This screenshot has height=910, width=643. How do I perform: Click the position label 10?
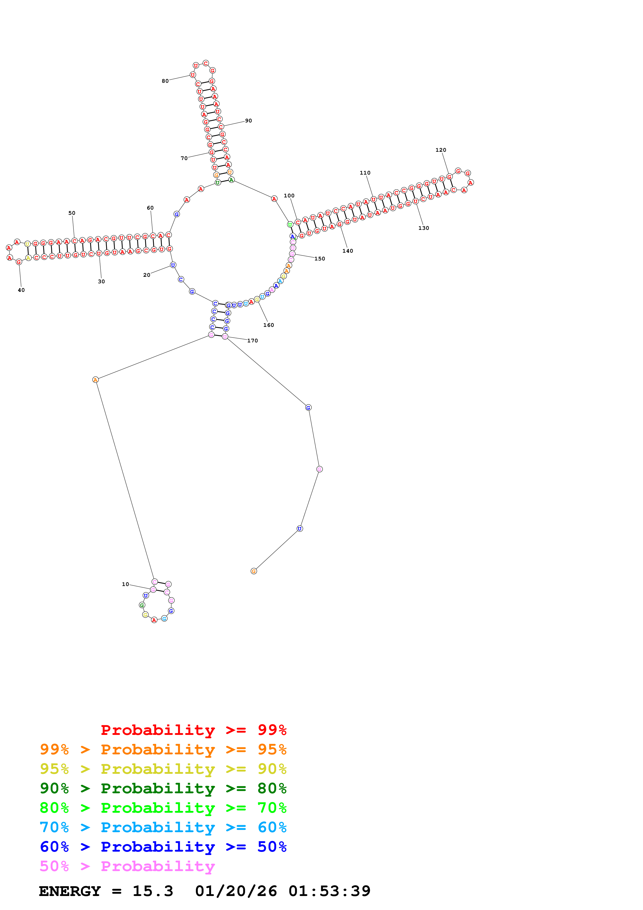(x=125, y=584)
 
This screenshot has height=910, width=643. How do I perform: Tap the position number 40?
(x=21, y=290)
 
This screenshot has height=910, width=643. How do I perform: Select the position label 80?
(x=165, y=81)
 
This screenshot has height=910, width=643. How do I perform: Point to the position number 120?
(x=440, y=150)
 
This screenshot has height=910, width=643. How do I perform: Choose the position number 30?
(x=101, y=282)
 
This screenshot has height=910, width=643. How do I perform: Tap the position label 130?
(x=424, y=228)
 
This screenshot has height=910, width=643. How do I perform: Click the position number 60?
(x=150, y=208)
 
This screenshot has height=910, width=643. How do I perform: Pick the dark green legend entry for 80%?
(x=163, y=788)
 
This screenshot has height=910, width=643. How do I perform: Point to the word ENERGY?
(x=70, y=891)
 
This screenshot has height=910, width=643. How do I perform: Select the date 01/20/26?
(x=236, y=891)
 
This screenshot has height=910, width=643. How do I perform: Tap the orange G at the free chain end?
(x=254, y=571)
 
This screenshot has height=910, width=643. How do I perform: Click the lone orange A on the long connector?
(x=95, y=380)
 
